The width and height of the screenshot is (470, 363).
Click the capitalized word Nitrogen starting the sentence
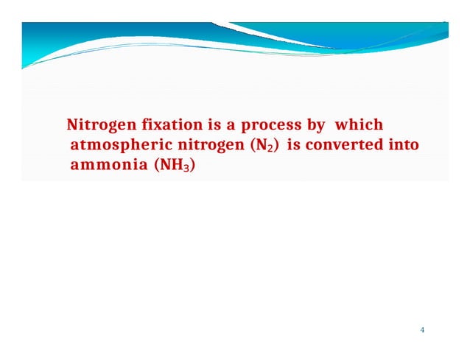tap(95, 125)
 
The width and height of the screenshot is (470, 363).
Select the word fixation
tap(158, 125)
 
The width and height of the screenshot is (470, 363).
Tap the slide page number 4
tap(422, 329)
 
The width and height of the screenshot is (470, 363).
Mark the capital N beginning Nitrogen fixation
tap(71, 125)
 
